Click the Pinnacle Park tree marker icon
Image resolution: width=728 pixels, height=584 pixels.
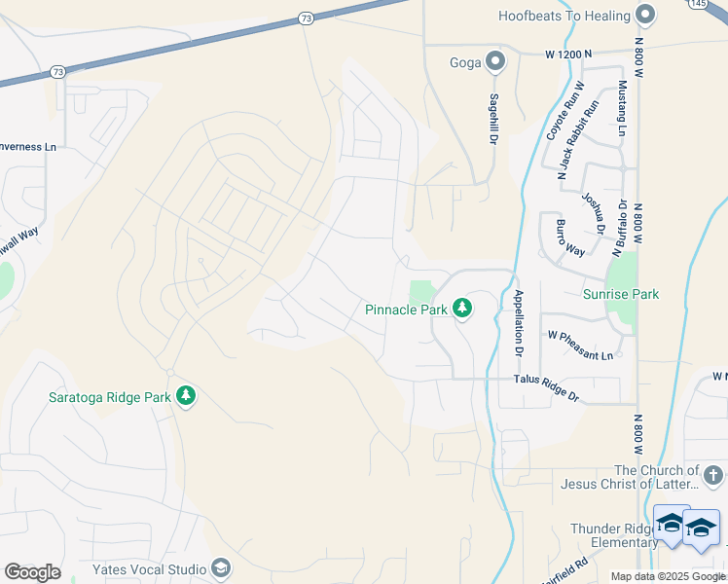tap(462, 309)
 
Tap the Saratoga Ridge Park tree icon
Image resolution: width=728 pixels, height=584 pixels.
tap(186, 396)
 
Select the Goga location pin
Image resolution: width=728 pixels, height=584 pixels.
tap(495, 62)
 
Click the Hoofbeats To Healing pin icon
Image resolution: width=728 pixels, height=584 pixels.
tap(644, 15)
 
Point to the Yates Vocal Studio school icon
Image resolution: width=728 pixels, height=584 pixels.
tap(221, 568)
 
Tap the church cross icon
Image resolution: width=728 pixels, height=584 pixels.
tap(713, 475)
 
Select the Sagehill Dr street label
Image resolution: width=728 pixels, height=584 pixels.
tap(494, 119)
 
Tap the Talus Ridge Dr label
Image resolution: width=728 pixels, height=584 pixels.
tap(546, 391)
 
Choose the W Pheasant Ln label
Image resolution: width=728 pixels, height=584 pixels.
tap(580, 345)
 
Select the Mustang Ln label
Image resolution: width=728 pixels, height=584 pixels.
tap(622, 108)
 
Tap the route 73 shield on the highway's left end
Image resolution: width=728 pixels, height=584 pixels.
tap(57, 71)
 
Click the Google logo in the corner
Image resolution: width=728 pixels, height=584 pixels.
tap(32, 571)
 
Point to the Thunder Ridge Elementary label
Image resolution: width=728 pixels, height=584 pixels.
tap(614, 535)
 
